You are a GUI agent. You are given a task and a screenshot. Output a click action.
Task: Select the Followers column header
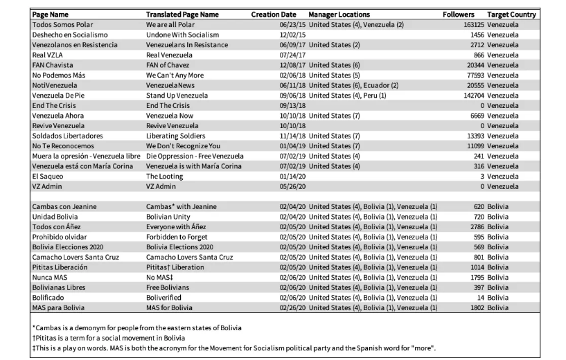[458, 15]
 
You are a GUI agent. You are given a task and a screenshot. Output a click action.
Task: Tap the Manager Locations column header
[339, 15]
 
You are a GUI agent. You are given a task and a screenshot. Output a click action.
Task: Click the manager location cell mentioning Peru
[346, 96]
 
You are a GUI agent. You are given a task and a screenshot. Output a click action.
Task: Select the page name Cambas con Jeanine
[64, 206]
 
